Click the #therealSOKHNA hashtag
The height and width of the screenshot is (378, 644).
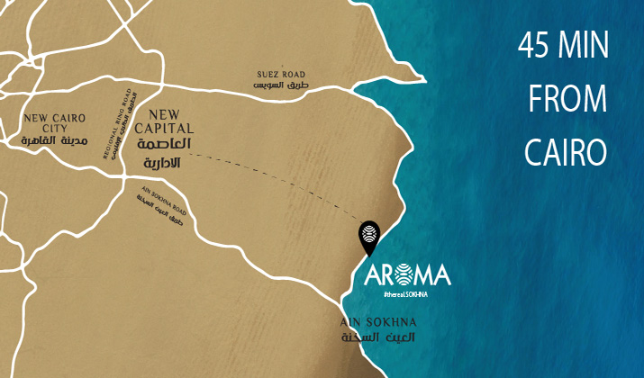(404, 293)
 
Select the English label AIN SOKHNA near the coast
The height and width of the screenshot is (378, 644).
(376, 322)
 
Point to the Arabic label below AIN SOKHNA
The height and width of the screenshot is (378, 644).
(376, 338)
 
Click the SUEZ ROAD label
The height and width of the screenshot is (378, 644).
(281, 74)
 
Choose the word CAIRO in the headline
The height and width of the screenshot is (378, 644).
(564, 150)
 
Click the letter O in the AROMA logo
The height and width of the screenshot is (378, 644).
(403, 274)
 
